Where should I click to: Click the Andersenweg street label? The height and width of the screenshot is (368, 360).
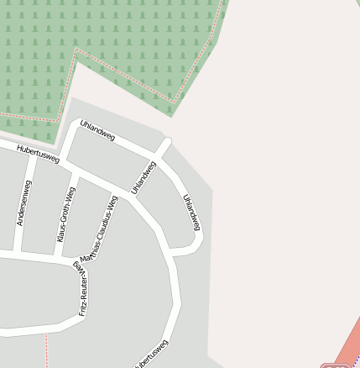23,202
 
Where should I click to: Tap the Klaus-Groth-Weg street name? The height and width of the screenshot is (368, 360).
65,216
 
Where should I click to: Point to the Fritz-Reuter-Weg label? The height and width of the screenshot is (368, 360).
82,288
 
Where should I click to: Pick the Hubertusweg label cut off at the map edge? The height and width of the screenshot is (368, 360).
152,354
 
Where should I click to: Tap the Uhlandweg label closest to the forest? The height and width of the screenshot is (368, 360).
97,130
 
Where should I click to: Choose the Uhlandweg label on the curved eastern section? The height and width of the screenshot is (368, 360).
192,212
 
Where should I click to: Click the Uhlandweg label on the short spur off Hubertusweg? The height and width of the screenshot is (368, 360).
143,176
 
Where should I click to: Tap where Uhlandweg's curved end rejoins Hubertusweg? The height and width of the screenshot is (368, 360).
172,251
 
